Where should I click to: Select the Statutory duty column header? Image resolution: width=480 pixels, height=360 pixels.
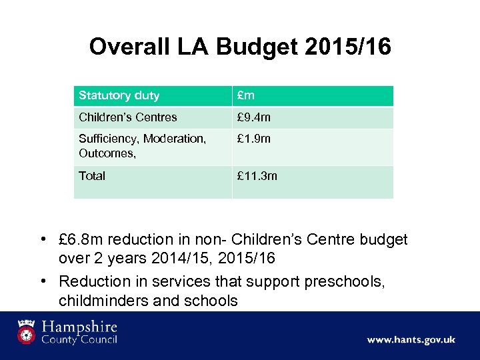pyautogui.click(x=119, y=95)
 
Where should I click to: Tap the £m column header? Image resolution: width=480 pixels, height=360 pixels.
pyautogui.click(x=246, y=95)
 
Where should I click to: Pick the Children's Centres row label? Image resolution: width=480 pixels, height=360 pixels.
pyautogui.click(x=127, y=117)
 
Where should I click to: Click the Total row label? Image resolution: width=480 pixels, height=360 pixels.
pyautogui.click(x=92, y=176)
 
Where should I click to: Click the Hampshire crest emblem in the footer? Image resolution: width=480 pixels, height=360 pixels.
pyautogui.click(x=27, y=332)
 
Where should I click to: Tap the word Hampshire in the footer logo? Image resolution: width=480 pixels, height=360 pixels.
pyautogui.click(x=79, y=327)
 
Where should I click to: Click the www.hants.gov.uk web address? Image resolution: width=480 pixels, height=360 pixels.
pyautogui.click(x=411, y=340)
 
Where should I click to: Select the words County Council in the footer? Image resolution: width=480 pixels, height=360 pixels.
pyautogui.click(x=79, y=340)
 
